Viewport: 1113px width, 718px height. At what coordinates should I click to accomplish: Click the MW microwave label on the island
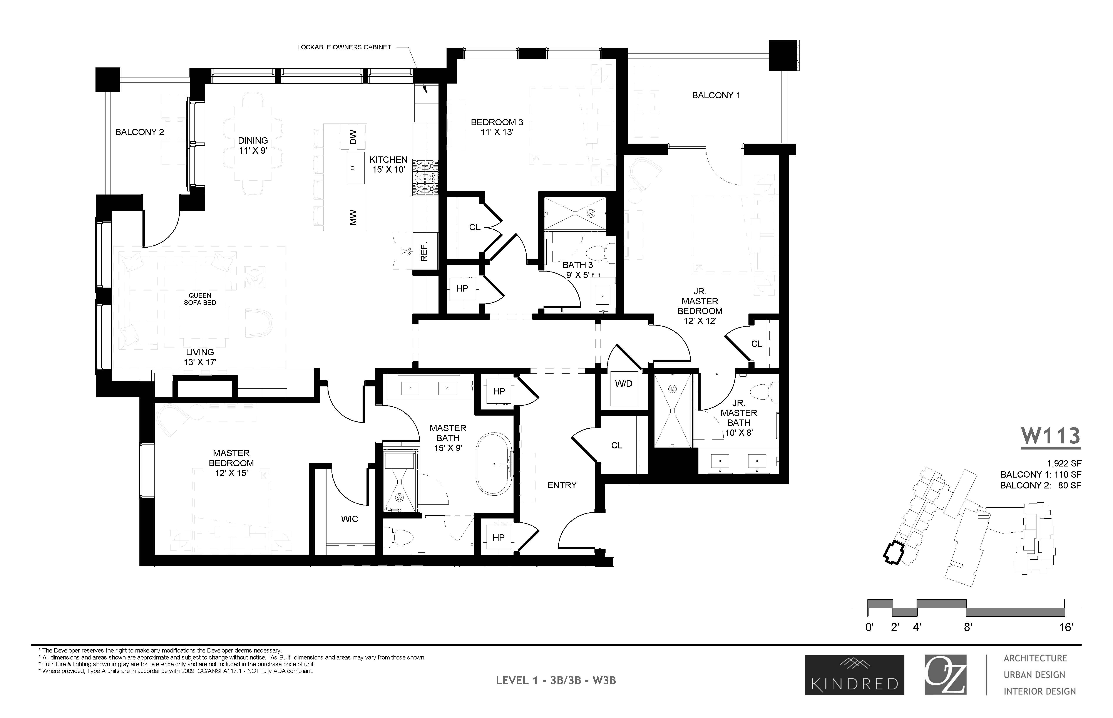[x=353, y=217]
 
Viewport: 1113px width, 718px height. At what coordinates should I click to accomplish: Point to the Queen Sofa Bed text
[x=200, y=299]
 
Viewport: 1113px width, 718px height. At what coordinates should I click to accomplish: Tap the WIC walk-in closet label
[x=350, y=519]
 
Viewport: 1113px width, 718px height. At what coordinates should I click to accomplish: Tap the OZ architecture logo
[x=945, y=675]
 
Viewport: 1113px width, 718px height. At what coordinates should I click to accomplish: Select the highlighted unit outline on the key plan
[x=894, y=554]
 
